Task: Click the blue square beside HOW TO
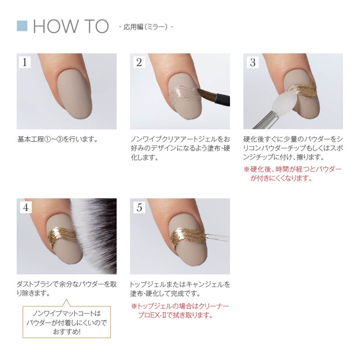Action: (22, 26)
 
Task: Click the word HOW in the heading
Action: (55, 26)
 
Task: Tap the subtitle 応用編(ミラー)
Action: (146, 27)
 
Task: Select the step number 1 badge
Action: (25, 62)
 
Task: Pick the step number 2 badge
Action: (139, 62)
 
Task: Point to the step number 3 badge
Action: (252, 62)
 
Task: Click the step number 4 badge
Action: (26, 207)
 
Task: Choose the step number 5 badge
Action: (139, 207)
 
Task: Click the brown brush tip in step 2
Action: (207, 94)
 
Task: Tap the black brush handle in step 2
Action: (222, 99)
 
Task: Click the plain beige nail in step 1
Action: (74, 94)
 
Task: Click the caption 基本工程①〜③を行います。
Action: (58, 139)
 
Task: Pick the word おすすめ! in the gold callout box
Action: (67, 332)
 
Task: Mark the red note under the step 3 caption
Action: (293, 174)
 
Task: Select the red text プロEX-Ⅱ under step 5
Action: (152, 315)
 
